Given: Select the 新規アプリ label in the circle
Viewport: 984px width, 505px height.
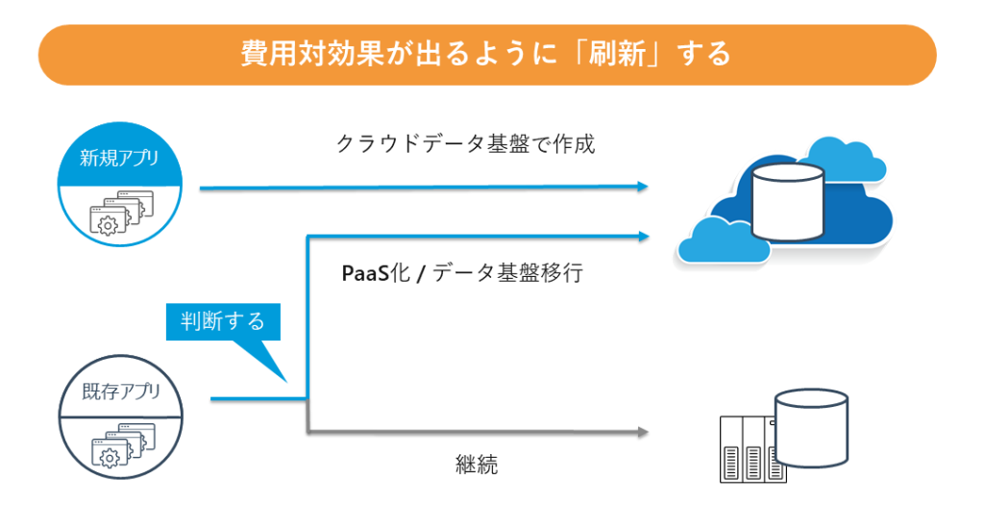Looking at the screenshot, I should tap(119, 158).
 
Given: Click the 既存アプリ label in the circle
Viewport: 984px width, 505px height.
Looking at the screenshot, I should tap(119, 391).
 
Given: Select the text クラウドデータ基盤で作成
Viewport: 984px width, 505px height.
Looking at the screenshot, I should tap(465, 144).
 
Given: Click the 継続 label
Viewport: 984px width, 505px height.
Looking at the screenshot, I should tap(477, 465).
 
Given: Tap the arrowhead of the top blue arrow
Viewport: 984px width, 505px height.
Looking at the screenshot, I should tap(642, 188).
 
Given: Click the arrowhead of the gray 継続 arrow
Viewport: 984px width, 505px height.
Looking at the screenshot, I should tap(642, 432).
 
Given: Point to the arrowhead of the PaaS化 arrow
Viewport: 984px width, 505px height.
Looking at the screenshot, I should tap(642, 234).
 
